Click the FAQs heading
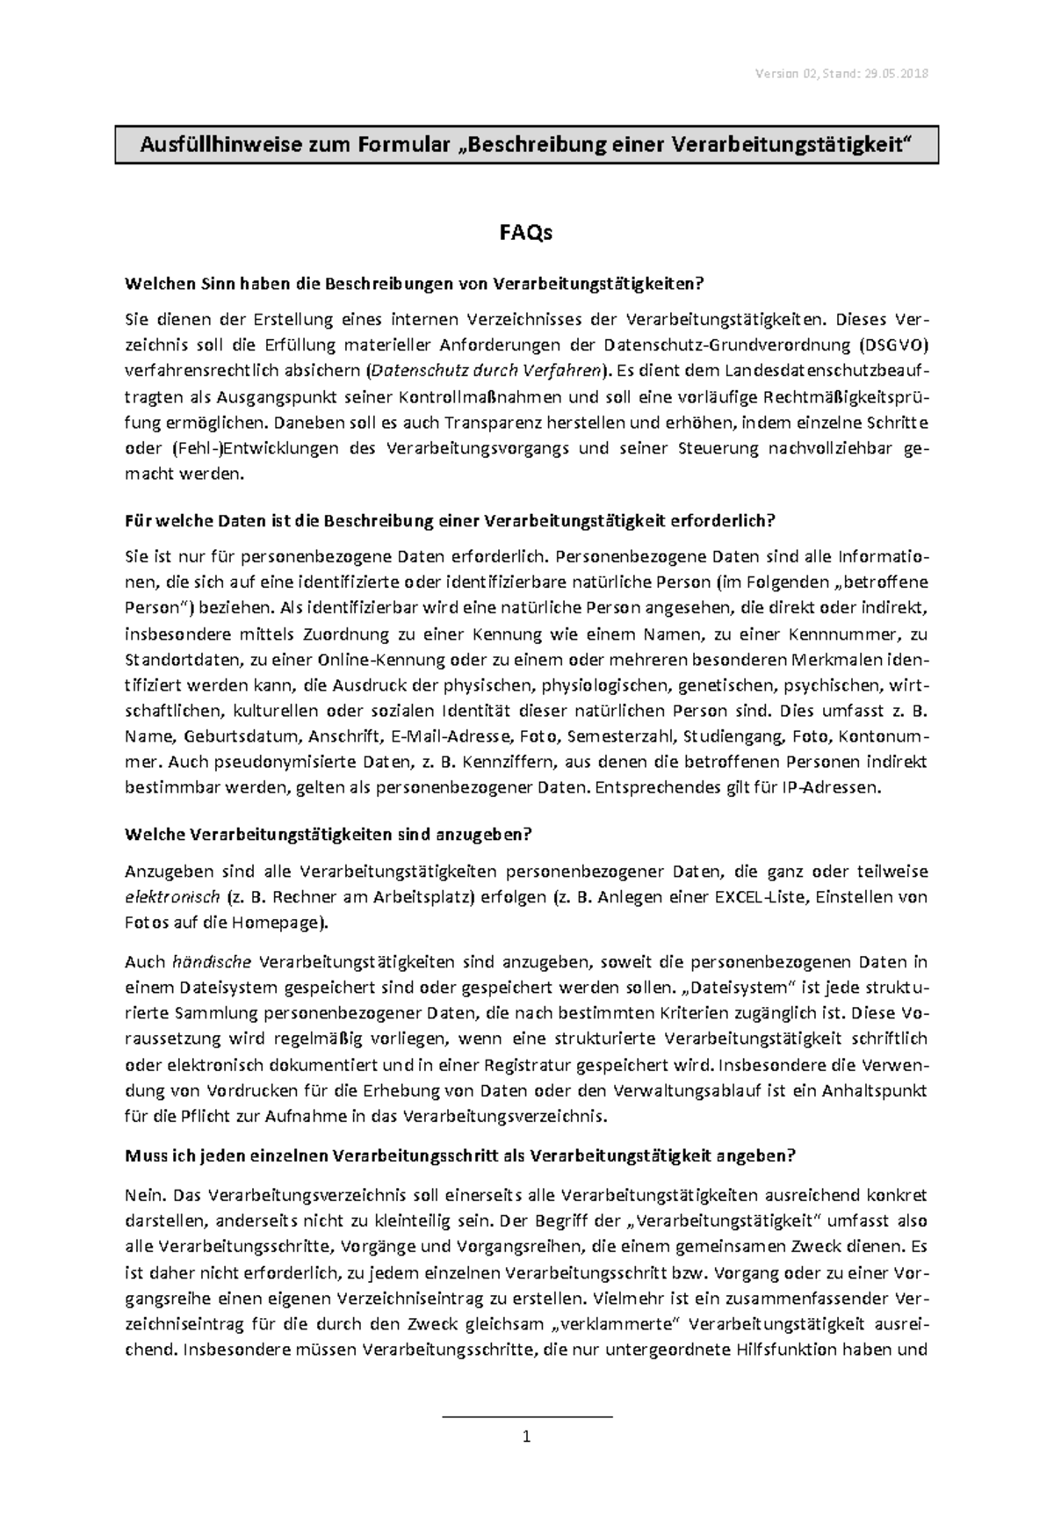tap(526, 233)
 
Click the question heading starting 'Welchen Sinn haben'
tap(415, 284)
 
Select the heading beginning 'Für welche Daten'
tap(451, 521)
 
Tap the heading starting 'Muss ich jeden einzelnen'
tap(460, 1156)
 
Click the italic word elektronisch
tap(171, 898)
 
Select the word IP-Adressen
tap(829, 787)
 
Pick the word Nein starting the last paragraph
tap(145, 1195)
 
